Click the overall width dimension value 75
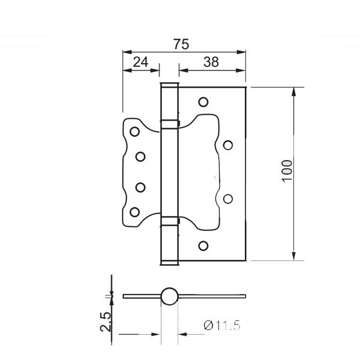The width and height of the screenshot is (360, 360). tap(181, 44)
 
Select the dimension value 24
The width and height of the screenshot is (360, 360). tap(140, 61)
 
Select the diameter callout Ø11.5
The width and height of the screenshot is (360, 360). tap(222, 326)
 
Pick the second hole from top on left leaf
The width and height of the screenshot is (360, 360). tap(140, 157)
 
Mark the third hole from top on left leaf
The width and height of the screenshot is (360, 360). tap(140, 186)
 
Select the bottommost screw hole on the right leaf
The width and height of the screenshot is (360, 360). tap(203, 245)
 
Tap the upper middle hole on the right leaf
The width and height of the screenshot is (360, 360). tap(228, 145)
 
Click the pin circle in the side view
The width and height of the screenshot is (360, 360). tap(170, 296)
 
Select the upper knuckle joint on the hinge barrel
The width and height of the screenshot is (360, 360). tap(170, 124)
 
